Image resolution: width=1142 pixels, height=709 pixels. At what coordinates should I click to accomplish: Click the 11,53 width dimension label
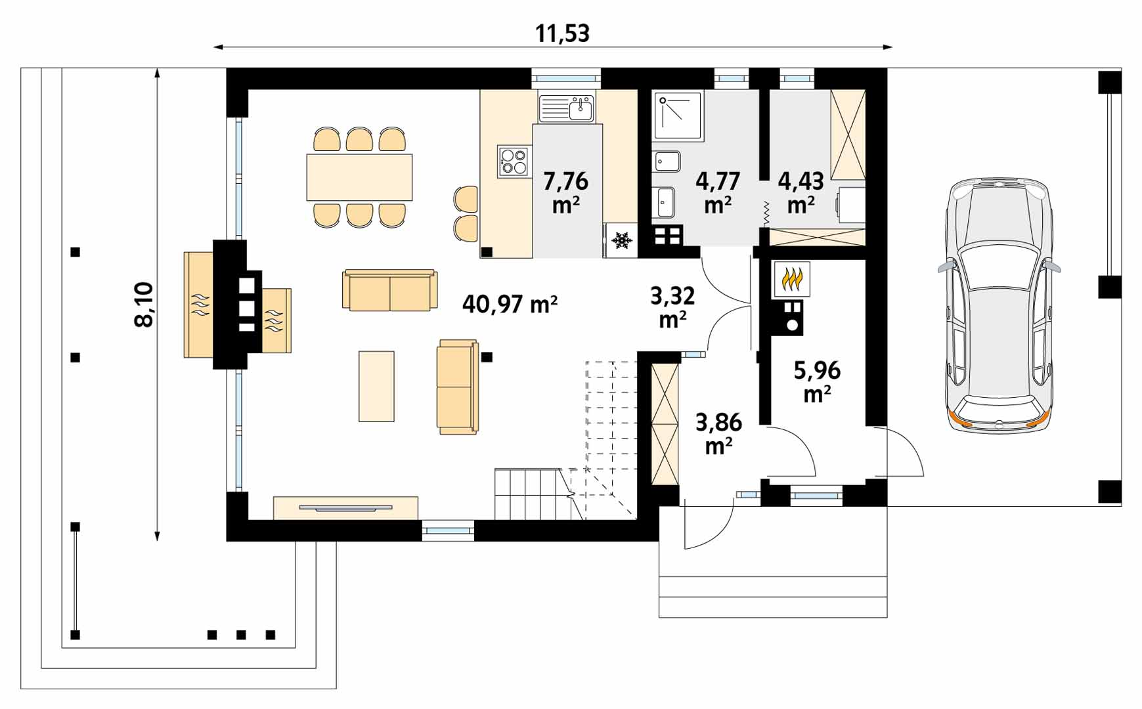(x=562, y=33)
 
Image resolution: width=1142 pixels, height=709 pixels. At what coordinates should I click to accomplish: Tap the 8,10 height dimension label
(x=144, y=304)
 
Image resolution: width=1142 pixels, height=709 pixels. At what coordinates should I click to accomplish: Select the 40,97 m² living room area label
(x=510, y=304)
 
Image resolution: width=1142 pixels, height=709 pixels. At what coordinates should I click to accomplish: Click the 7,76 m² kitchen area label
(x=565, y=192)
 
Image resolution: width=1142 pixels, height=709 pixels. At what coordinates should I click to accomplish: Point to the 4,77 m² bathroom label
(x=718, y=192)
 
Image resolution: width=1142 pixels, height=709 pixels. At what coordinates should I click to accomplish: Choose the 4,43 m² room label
(x=801, y=192)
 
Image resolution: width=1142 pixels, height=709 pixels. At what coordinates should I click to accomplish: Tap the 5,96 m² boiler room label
(x=817, y=382)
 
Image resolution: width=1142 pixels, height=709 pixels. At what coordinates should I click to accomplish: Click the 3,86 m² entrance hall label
(x=718, y=434)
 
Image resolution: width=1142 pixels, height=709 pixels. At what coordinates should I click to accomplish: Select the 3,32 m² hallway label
(x=672, y=307)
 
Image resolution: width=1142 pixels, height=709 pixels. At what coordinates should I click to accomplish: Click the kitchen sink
(x=566, y=108)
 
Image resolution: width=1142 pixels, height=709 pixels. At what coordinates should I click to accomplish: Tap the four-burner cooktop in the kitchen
(x=513, y=161)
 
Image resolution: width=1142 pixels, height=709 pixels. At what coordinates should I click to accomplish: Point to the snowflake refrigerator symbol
(x=621, y=240)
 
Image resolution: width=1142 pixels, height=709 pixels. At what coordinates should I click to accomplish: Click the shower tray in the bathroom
(x=678, y=116)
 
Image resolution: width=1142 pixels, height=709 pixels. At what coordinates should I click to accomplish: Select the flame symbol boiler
(x=792, y=279)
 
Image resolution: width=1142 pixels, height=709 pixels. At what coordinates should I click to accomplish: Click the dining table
(x=359, y=177)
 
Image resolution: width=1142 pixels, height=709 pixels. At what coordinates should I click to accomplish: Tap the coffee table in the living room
(x=376, y=386)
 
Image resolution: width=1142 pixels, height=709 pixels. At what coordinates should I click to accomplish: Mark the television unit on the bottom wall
(x=345, y=507)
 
